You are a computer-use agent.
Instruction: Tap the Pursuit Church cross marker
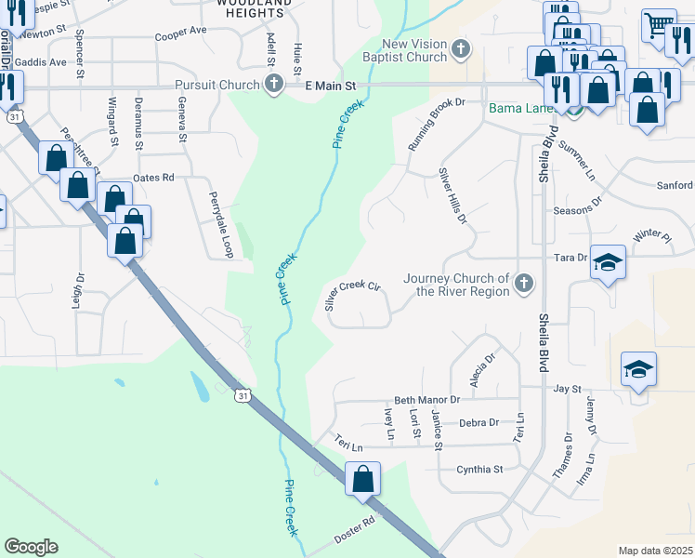(273, 86)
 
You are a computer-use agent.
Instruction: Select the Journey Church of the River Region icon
(524, 284)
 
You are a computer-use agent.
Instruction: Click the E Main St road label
(332, 86)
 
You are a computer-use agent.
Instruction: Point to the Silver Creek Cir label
(353, 295)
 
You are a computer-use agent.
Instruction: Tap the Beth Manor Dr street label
(427, 400)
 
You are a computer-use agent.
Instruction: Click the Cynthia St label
(479, 470)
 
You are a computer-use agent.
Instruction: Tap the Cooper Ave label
(181, 31)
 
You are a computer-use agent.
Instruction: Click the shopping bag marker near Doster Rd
(362, 479)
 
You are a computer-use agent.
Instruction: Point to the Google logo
(31, 547)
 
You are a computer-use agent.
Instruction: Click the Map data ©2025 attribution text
(656, 551)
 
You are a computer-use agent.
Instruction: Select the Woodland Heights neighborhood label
(250, 9)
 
